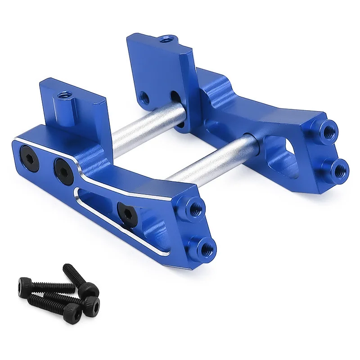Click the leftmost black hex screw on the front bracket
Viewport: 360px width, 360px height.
tap(30, 154)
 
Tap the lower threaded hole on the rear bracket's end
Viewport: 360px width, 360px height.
tap(341, 169)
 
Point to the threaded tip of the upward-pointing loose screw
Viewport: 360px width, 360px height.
tap(67, 269)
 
